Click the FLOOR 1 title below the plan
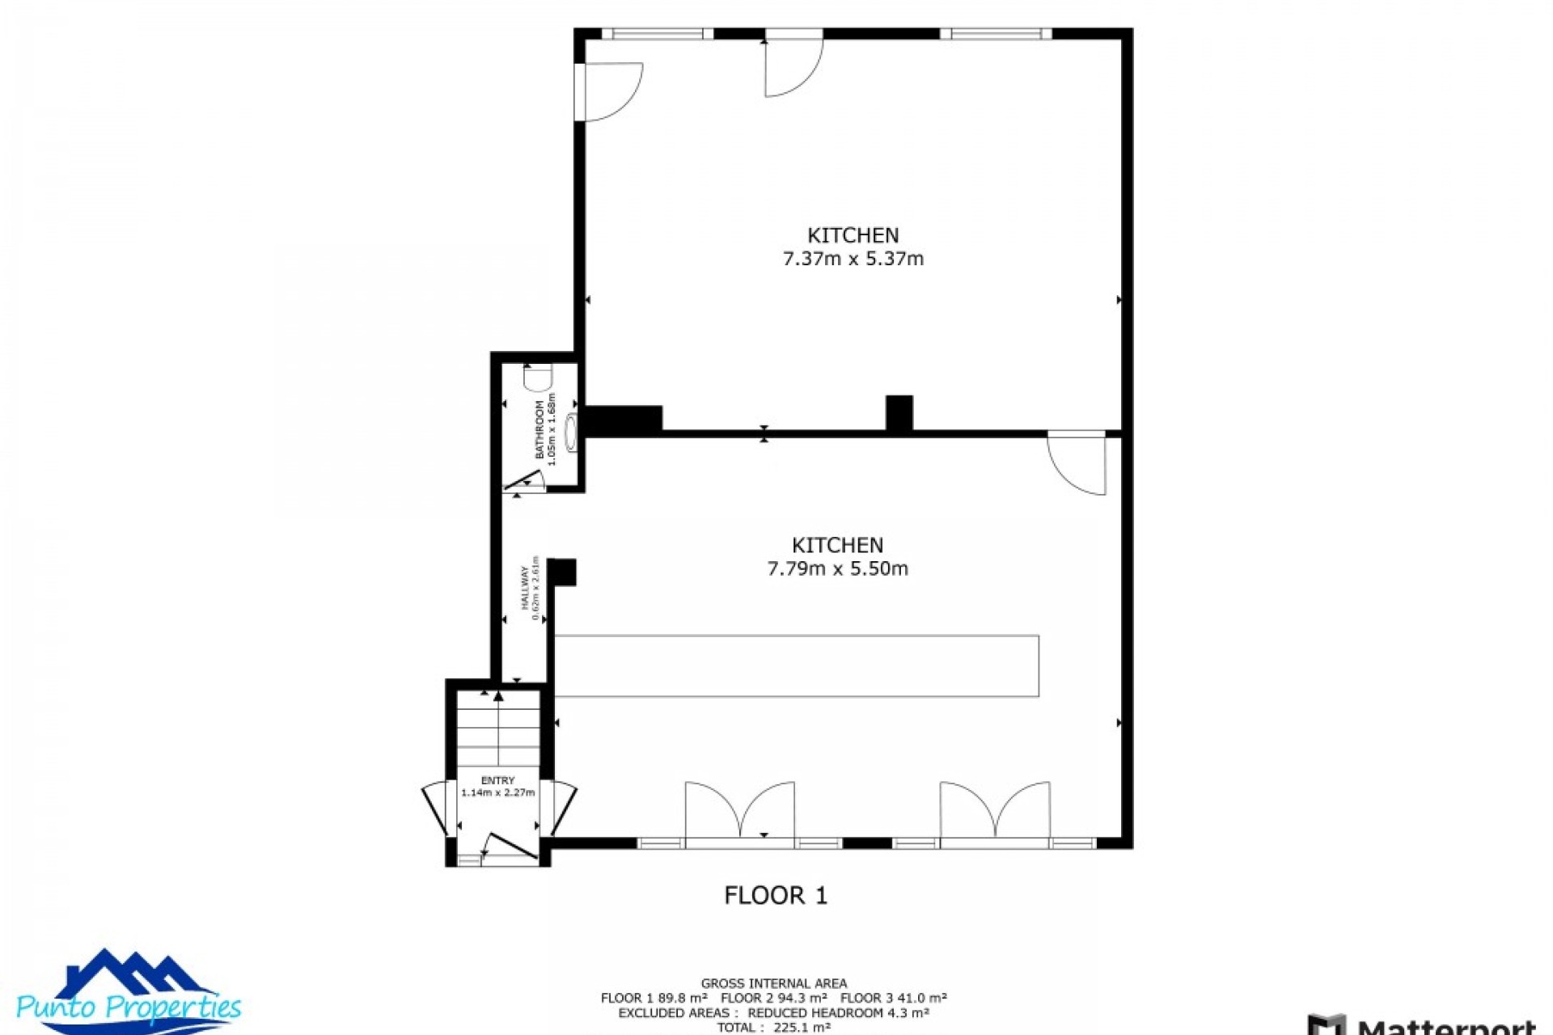point(776,895)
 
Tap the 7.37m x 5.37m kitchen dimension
point(853,259)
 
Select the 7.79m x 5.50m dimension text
point(837,568)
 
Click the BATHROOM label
point(540,429)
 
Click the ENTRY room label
point(497,780)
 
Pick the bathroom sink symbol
point(572,433)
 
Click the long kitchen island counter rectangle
point(797,665)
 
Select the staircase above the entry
point(498,728)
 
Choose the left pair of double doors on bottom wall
point(740,810)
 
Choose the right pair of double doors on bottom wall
point(995,810)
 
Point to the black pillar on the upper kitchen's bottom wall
point(899,413)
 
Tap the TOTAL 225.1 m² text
point(774,1028)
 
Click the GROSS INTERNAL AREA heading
point(774,983)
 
